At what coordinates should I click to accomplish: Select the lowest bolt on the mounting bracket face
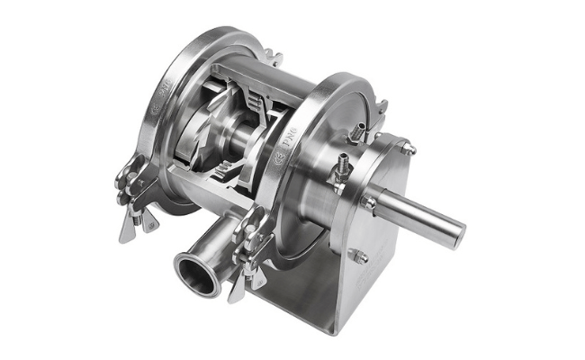point(359,257)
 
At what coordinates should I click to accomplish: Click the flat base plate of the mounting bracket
point(297,310)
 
